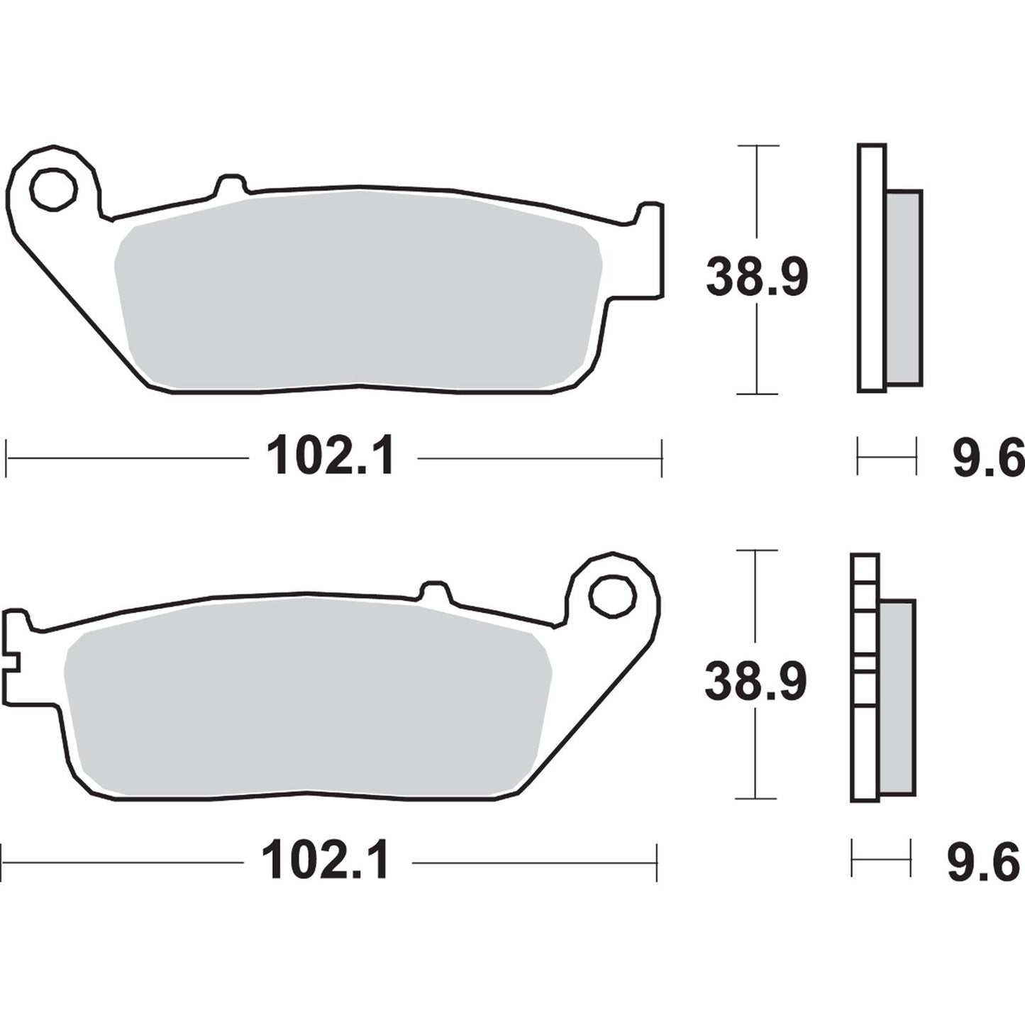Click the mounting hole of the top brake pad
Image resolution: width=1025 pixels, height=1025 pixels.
click(x=53, y=189)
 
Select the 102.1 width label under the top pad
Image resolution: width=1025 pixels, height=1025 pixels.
click(x=331, y=458)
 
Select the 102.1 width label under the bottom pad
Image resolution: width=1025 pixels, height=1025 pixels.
click(x=326, y=863)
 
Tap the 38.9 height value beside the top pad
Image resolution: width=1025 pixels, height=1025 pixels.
click(x=757, y=278)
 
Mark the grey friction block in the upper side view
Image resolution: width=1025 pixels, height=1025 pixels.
click(x=904, y=287)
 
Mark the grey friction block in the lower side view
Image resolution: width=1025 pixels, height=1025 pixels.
click(x=897, y=697)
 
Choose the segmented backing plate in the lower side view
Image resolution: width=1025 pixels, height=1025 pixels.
click(x=864, y=677)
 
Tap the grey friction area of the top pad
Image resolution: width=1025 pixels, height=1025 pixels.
click(x=358, y=291)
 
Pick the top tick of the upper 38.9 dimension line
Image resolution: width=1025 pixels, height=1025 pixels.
click(x=758, y=146)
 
